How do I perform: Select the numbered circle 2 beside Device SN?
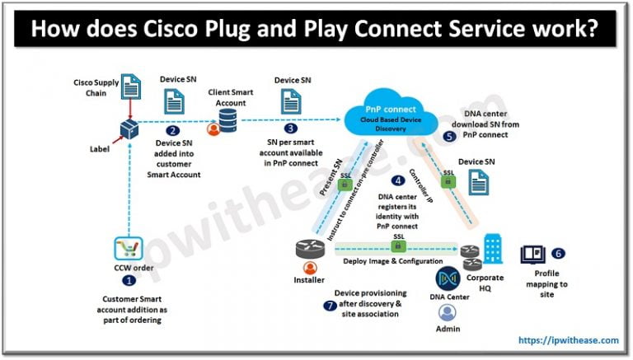[172, 130]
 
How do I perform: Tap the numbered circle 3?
[290, 129]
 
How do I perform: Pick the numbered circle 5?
[449, 136]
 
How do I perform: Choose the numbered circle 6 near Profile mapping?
[558, 254]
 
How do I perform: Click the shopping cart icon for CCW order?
[129, 248]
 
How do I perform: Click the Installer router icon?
[310, 246]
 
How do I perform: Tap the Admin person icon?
[448, 314]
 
